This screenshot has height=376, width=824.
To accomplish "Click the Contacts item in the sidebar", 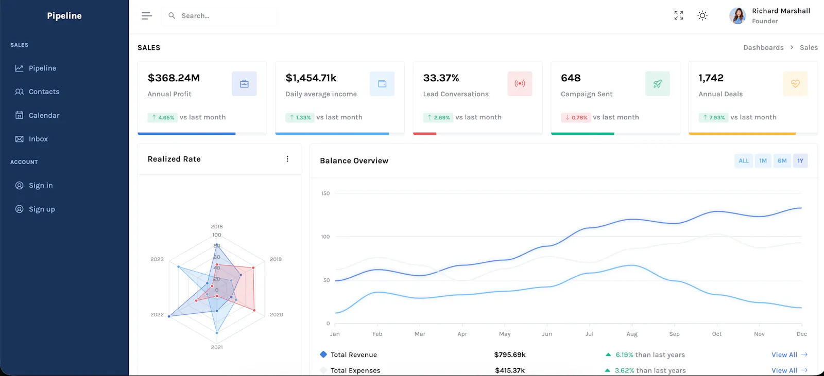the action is (x=37, y=92).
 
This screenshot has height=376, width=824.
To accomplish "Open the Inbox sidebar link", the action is (x=31, y=139).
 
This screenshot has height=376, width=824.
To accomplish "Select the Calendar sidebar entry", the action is (x=37, y=115).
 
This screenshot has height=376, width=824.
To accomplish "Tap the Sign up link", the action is (x=35, y=209).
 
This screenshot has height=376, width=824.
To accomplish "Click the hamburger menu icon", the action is (x=146, y=15).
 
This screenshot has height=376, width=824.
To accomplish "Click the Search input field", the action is (x=219, y=16).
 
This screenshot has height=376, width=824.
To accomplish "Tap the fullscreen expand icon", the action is (x=679, y=15).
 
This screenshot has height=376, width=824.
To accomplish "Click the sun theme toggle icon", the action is (x=702, y=15).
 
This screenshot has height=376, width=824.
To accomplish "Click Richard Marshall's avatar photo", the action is (x=737, y=16).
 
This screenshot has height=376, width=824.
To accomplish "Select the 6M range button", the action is (x=782, y=160).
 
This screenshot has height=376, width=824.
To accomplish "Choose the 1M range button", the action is (x=763, y=160).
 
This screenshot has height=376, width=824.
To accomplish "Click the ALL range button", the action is (x=744, y=160).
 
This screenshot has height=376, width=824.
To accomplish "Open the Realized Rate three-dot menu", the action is (x=287, y=159).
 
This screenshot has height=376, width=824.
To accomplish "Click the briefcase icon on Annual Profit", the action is (x=244, y=84).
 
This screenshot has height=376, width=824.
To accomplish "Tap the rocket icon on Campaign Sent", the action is (x=657, y=84).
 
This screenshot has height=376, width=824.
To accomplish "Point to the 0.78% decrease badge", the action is (x=576, y=118).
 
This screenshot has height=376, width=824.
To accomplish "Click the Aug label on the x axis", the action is (x=632, y=334).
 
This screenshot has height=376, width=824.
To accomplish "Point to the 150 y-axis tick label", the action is (x=325, y=193).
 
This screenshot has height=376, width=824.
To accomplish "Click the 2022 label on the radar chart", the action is (x=157, y=315).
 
